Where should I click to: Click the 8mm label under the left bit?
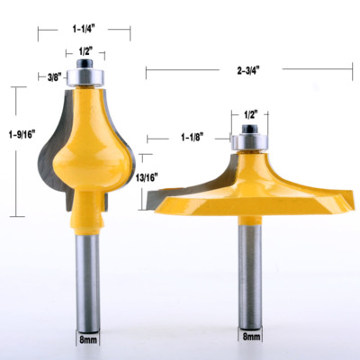click(x=86, y=340)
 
